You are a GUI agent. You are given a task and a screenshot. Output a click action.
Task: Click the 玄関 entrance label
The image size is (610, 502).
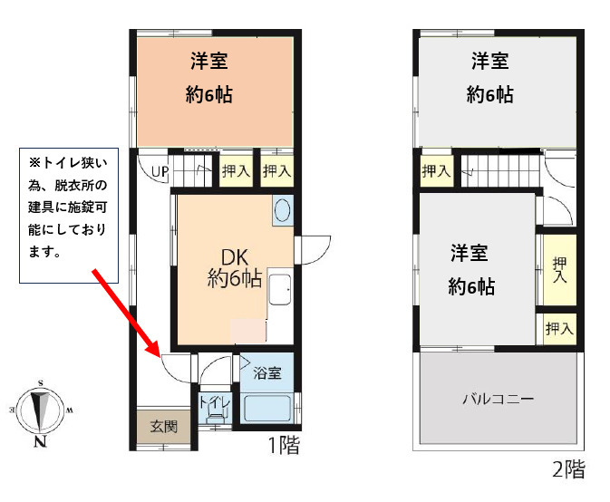[x=164, y=427]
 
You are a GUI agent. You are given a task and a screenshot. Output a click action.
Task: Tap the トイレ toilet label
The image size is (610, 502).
[x=215, y=402]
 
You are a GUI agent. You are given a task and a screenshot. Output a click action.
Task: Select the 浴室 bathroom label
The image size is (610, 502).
[x=267, y=373]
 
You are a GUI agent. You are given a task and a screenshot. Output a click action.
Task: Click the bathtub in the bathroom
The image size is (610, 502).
[x=266, y=408]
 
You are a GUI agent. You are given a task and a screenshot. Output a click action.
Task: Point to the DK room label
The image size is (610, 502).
[x=234, y=257]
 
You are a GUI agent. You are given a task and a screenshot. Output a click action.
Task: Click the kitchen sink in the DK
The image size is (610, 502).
[x=280, y=290]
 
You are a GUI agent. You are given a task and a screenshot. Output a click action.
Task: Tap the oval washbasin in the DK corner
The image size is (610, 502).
[x=283, y=210]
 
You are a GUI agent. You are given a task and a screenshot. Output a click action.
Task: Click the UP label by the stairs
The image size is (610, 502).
[x=160, y=171]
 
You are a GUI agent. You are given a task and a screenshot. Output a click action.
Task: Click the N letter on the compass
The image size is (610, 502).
[x=40, y=441]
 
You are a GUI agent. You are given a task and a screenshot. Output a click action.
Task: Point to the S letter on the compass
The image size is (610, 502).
[x=41, y=384]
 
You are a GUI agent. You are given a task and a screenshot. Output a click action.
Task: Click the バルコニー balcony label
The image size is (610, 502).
[x=499, y=399]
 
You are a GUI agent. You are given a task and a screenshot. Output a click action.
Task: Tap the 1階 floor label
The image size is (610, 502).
[x=285, y=445]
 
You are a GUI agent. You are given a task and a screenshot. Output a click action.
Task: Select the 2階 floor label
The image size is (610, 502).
[x=569, y=469]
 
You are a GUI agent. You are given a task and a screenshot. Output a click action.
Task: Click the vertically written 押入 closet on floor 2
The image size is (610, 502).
[x=559, y=269]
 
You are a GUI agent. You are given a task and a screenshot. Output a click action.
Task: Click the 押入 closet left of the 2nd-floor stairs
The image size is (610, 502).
[x=436, y=170]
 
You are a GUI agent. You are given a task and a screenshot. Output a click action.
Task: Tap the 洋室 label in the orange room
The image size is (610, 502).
[x=208, y=61]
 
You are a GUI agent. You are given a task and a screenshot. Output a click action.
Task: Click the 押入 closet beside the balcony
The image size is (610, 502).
[x=559, y=329]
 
